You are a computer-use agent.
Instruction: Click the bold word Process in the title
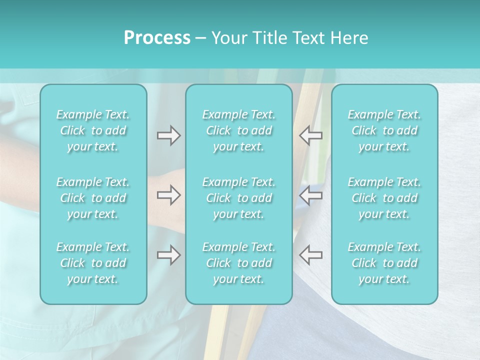pyautogui.click(x=157, y=38)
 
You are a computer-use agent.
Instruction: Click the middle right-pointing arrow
pyautogui.click(x=168, y=195)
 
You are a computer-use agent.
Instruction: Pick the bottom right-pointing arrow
pyautogui.click(x=168, y=254)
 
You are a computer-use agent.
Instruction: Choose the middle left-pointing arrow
pyautogui.click(x=310, y=195)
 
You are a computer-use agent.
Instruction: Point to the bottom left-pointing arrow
pyautogui.click(x=310, y=254)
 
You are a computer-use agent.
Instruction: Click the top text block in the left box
pyautogui.click(x=93, y=130)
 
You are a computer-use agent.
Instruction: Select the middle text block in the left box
pyautogui.click(x=93, y=198)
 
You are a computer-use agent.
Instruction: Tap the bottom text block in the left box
pyautogui.click(x=93, y=263)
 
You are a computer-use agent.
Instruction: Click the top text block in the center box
pyautogui.click(x=239, y=130)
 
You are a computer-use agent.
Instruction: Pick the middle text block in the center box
pyautogui.click(x=239, y=198)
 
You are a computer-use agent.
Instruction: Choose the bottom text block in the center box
pyautogui.click(x=239, y=263)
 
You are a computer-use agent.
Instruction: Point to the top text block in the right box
pyautogui.click(x=384, y=130)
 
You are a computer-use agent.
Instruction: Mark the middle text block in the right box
pyautogui.click(x=384, y=198)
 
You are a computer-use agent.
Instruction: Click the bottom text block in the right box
pyautogui.click(x=384, y=263)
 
